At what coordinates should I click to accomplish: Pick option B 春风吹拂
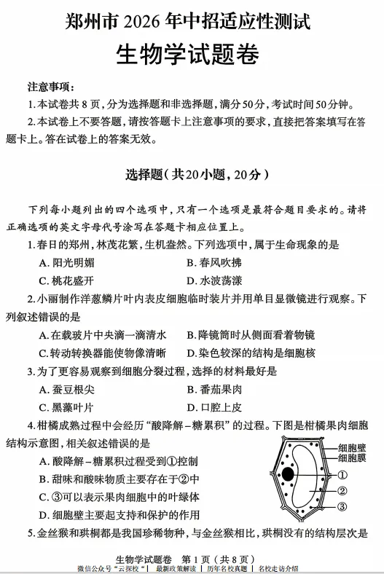click(x=215, y=262)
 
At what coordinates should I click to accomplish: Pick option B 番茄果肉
click(x=215, y=389)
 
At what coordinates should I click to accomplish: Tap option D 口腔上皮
click(x=215, y=407)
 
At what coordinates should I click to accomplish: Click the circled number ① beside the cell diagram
click(x=341, y=475)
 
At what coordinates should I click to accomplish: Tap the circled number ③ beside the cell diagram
click(x=341, y=507)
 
